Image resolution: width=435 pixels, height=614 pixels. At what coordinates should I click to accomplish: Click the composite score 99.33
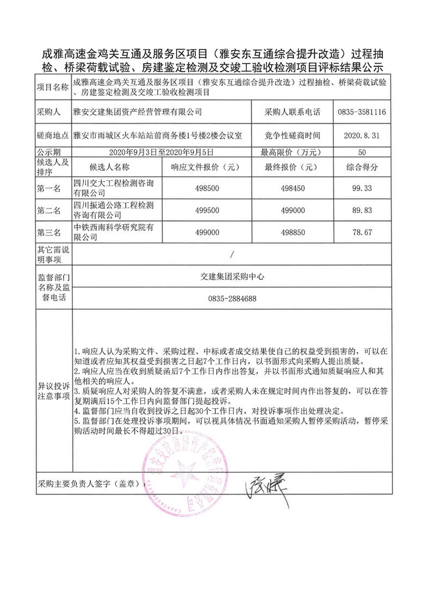[x=362, y=188]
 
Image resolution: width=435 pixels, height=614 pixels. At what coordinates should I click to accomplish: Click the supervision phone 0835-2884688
[x=232, y=299]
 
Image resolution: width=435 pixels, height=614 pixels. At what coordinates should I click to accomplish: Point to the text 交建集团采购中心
[x=232, y=277]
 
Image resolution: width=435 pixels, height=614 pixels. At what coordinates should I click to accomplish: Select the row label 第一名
[x=49, y=188]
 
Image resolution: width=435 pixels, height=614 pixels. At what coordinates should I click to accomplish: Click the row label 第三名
[x=49, y=233]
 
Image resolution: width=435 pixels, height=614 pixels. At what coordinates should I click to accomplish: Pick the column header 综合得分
[x=362, y=167]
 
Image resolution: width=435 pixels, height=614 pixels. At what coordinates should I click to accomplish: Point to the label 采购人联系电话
[x=285, y=113]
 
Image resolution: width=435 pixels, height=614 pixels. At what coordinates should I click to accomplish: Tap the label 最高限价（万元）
[x=285, y=152]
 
